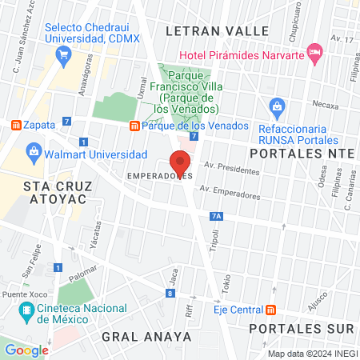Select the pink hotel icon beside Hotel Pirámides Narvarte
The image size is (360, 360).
pyautogui.click(x=316, y=54)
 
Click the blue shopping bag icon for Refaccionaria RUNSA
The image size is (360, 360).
pyautogui.click(x=277, y=105)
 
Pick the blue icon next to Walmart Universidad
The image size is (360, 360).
pyautogui.click(x=35, y=152)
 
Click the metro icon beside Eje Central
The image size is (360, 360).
pyautogui.click(x=271, y=309)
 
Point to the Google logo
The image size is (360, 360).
pyautogui.click(x=27, y=350)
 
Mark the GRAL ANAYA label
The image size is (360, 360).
pyautogui.click(x=147, y=337)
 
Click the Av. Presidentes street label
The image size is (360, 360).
pyautogui.click(x=232, y=168)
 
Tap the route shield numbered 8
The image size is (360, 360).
pyautogui.click(x=170, y=294)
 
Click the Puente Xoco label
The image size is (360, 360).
pyautogui.click(x=20, y=295)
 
